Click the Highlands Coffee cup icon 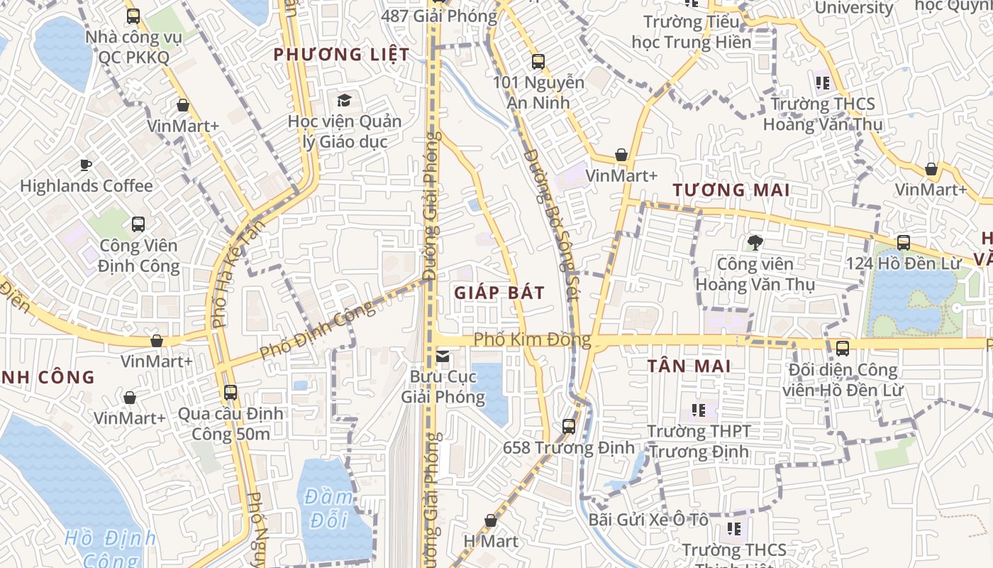click(86, 165)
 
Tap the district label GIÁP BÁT click(499, 293)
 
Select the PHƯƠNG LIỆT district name click(341, 55)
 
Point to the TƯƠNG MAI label click(731, 190)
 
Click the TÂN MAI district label click(689, 366)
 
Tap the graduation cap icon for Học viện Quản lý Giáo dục click(344, 100)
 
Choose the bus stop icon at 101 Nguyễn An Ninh click(538, 62)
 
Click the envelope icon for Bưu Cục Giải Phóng click(443, 356)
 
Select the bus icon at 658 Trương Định click(569, 426)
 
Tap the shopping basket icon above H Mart click(490, 521)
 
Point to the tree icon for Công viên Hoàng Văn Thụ click(755, 243)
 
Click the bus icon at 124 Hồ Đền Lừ click(903, 242)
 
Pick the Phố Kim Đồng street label click(532, 339)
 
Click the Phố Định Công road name click(317, 331)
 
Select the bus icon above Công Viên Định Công click(138, 224)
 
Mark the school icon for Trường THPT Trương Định click(699, 410)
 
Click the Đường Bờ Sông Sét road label click(552, 224)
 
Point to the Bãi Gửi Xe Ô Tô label click(648, 520)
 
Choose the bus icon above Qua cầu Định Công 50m click(231, 392)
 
